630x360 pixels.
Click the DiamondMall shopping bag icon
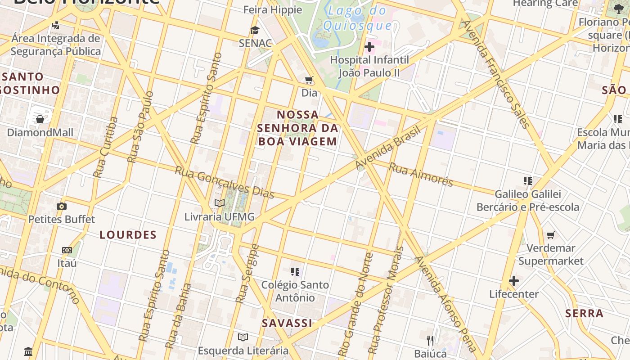pyautogui.click(x=40, y=119)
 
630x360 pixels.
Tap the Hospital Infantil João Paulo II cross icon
pyautogui.click(x=369, y=46)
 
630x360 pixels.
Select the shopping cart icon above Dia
pyautogui.click(x=309, y=80)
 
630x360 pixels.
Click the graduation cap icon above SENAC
pyautogui.click(x=255, y=30)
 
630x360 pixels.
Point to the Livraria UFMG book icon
pyautogui.click(x=220, y=203)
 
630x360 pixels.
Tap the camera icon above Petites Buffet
pyautogui.click(x=62, y=207)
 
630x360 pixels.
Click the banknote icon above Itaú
pyautogui.click(x=67, y=250)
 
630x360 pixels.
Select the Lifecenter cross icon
pyautogui.click(x=514, y=281)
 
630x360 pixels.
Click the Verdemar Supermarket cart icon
pyautogui.click(x=551, y=235)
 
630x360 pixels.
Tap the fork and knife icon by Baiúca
pyautogui.click(x=431, y=340)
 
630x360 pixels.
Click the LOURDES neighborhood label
pyautogui.click(x=128, y=235)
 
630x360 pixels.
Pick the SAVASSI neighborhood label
pyautogui.click(x=287, y=323)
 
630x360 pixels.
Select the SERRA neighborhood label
pyautogui.click(x=584, y=314)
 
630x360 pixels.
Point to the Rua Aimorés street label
pyautogui.click(x=421, y=175)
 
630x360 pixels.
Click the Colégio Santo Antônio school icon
pyautogui.click(x=295, y=272)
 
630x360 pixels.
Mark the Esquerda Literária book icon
pyautogui.click(x=243, y=337)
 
